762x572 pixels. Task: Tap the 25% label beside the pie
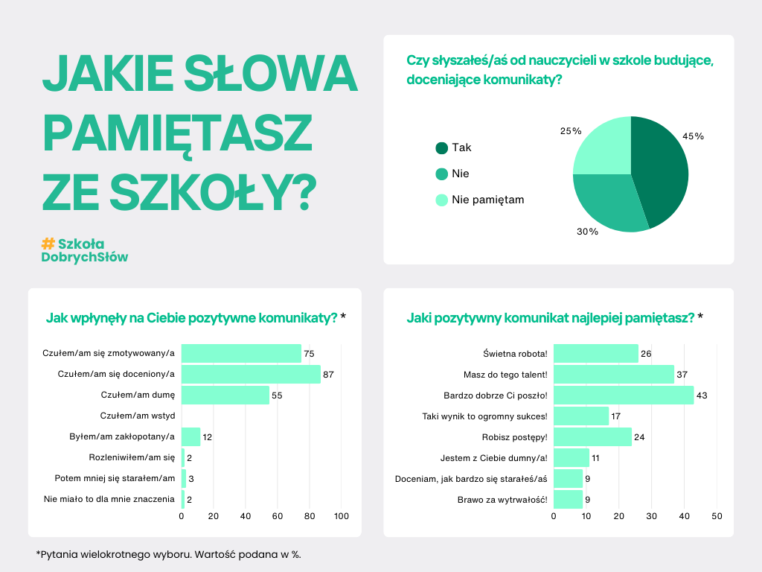(x=570, y=131)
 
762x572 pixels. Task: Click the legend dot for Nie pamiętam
(x=441, y=200)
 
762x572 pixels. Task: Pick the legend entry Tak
(x=461, y=147)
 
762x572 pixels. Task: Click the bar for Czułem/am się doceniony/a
(x=251, y=374)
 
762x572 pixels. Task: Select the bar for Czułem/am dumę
(x=225, y=395)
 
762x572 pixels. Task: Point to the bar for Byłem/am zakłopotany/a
(x=190, y=436)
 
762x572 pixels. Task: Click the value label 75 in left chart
(x=309, y=353)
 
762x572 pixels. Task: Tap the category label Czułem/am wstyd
(x=137, y=416)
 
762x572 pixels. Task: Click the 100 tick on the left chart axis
(x=342, y=516)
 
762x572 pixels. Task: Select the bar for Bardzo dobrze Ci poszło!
(x=624, y=395)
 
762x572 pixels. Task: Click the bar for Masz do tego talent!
(x=614, y=374)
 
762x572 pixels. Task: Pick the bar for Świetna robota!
(x=596, y=353)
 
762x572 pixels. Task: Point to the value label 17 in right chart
(x=616, y=416)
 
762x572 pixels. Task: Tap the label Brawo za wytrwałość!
(x=502, y=499)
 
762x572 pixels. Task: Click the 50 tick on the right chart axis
(x=717, y=516)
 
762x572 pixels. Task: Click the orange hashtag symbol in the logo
(x=48, y=244)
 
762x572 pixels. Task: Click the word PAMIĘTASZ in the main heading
(x=176, y=131)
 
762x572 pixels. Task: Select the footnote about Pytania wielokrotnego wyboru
(x=168, y=554)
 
